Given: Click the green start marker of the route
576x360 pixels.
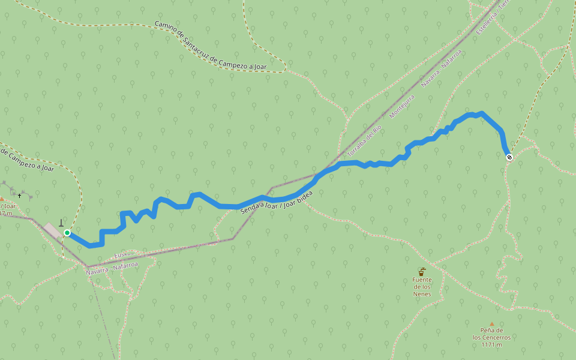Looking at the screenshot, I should pyautogui.click(x=67, y=233).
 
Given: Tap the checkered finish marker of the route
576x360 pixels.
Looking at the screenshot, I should pyautogui.click(x=509, y=157).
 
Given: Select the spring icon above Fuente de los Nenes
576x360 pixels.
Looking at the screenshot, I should pyautogui.click(x=422, y=271).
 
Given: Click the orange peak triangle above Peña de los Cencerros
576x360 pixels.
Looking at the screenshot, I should pyautogui.click(x=491, y=323).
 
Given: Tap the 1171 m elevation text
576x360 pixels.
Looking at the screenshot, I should pyautogui.click(x=491, y=345).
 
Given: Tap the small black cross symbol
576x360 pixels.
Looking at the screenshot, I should pyautogui.click(x=20, y=196).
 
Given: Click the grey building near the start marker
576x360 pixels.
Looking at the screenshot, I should pyautogui.click(x=52, y=230).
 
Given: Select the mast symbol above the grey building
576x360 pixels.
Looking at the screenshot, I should pyautogui.click(x=61, y=223).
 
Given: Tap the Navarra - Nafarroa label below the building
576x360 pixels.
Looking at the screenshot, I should pyautogui.click(x=112, y=268).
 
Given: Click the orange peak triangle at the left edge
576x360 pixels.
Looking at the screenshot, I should pyautogui.click(x=2, y=199).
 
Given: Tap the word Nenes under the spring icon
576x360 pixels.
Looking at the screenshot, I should pyautogui.click(x=422, y=294).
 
